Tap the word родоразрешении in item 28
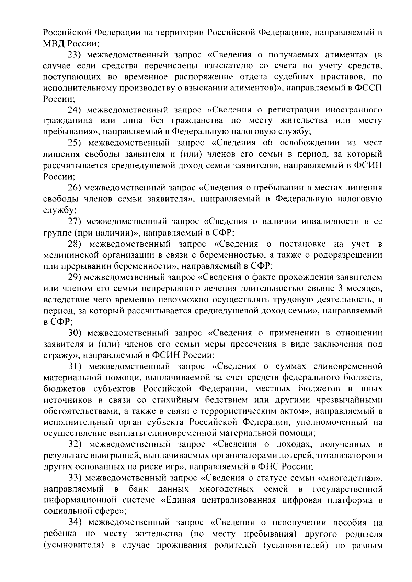coord(345,255)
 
